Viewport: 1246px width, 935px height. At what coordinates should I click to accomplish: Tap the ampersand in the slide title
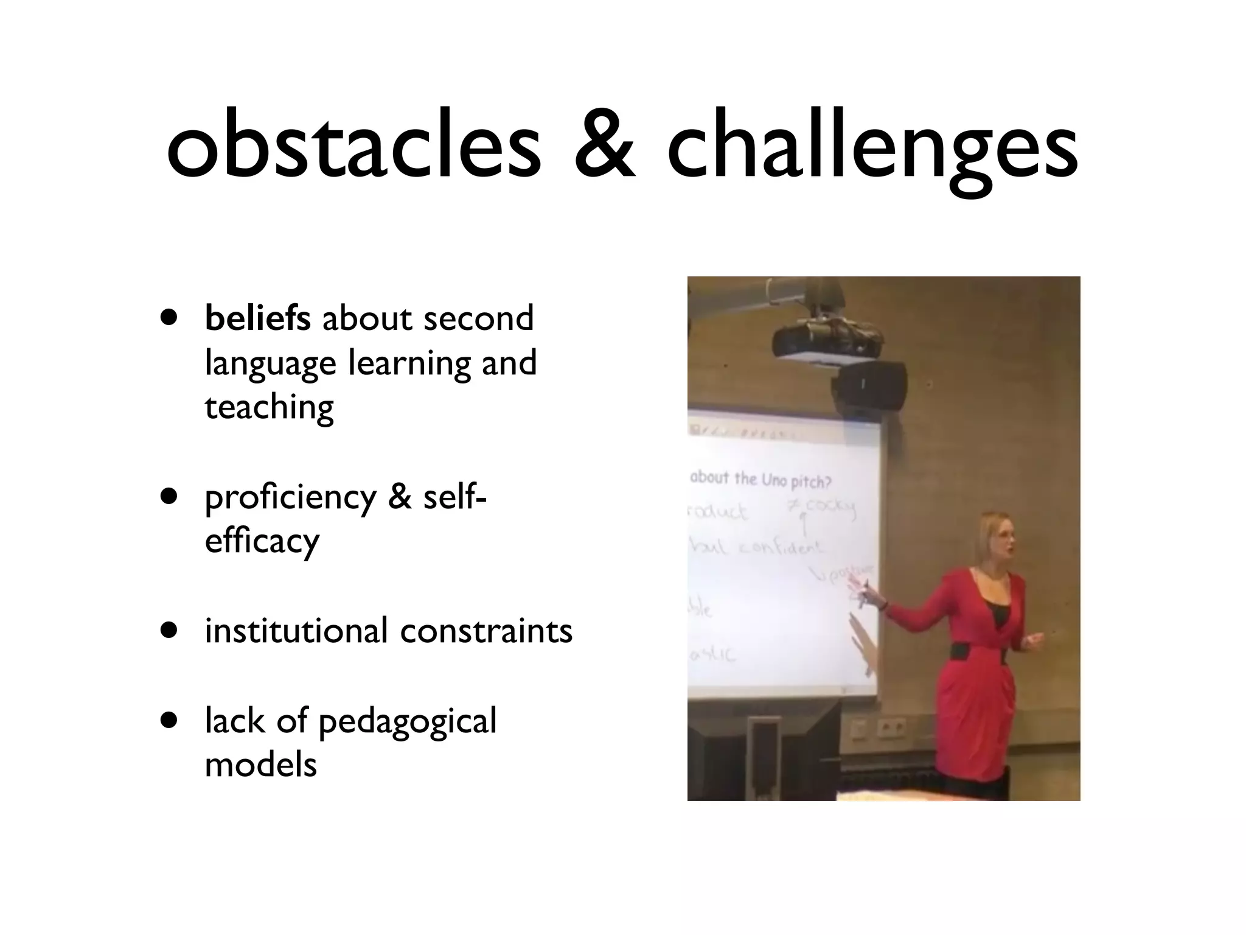click(x=604, y=146)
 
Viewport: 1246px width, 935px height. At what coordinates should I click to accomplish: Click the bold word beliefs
click(x=257, y=318)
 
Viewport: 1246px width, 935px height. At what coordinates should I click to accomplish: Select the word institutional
click(x=296, y=631)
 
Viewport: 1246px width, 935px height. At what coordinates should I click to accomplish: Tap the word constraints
click(x=486, y=632)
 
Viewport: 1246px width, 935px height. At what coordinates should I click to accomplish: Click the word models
click(x=260, y=765)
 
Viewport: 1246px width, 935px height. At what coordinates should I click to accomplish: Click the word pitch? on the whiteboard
click(x=810, y=482)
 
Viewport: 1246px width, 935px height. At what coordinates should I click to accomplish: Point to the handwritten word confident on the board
click(x=780, y=547)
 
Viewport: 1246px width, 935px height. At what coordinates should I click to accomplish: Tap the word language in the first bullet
click(x=270, y=364)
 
